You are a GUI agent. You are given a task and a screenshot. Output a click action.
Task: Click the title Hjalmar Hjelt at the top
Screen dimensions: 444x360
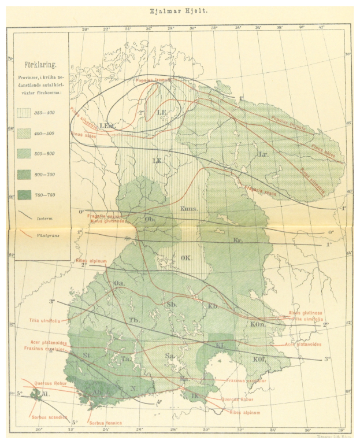click(x=180, y=9)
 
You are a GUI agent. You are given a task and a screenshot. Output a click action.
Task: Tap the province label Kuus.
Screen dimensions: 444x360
click(x=189, y=209)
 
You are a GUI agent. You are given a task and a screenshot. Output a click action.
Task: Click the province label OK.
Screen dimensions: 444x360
click(x=186, y=258)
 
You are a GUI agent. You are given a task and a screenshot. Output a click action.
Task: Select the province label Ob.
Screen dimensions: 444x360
click(x=149, y=219)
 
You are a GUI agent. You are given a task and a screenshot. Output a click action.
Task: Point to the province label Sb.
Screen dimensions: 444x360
click(x=171, y=304)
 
